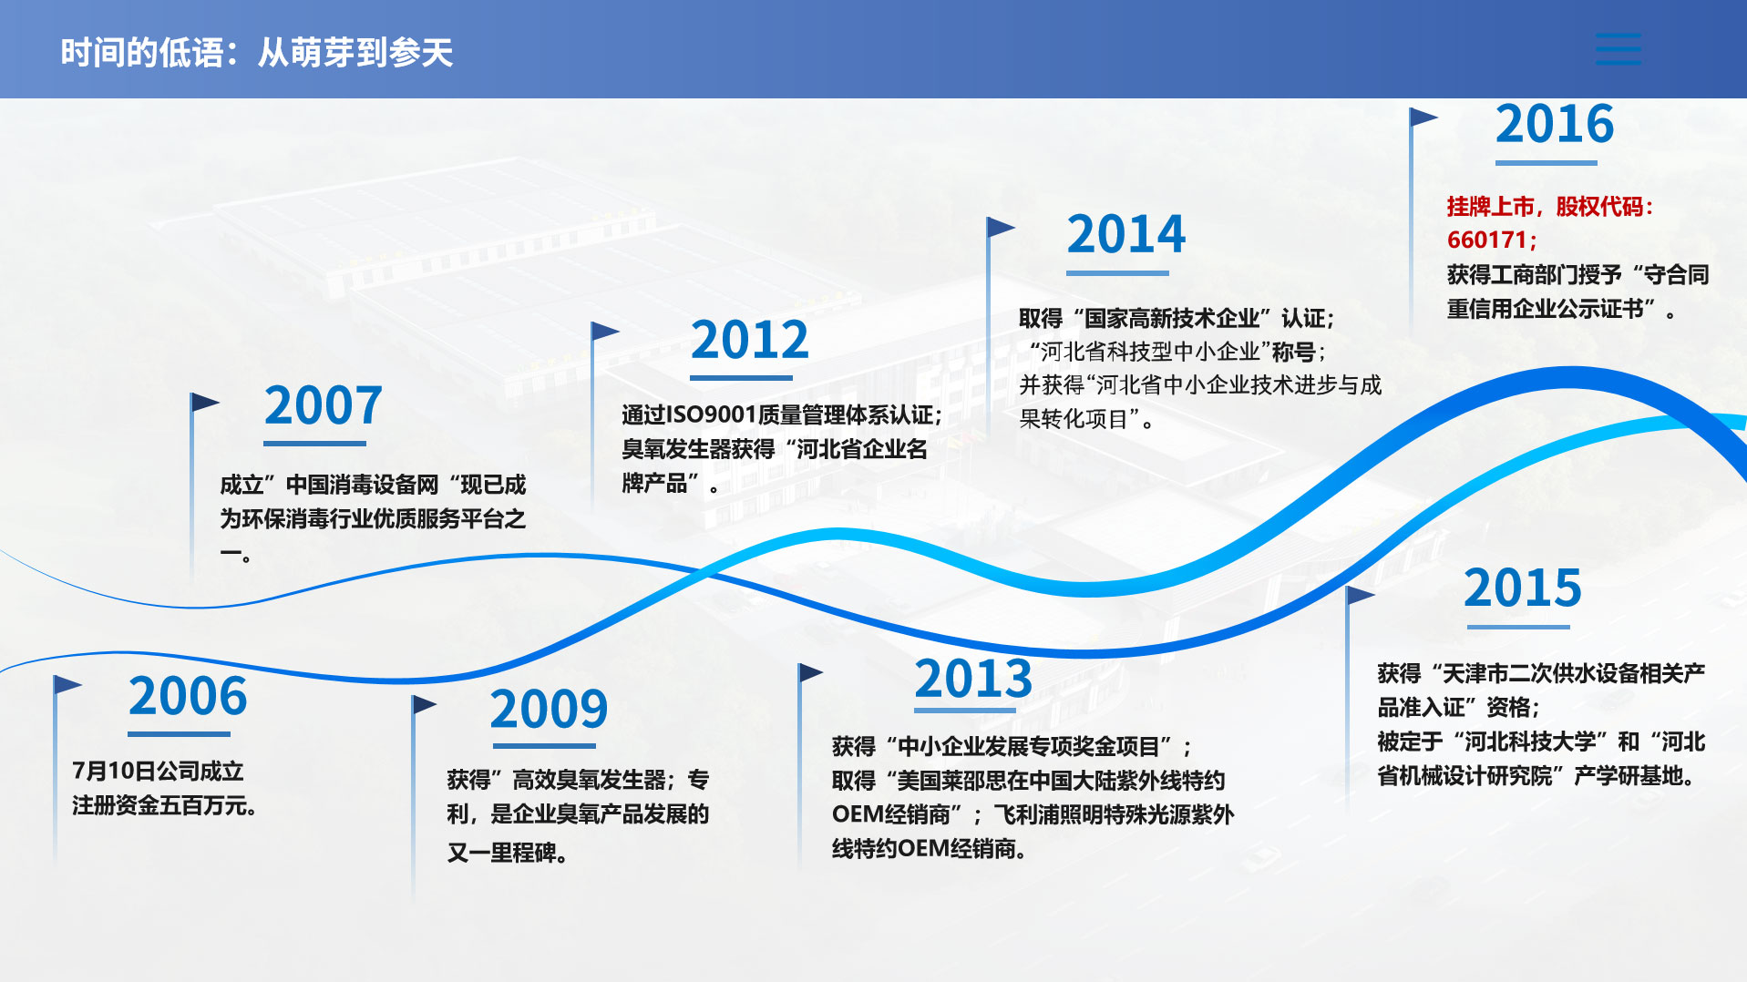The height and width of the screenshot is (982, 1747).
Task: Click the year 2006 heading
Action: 188,697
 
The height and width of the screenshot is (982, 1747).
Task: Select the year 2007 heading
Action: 324,406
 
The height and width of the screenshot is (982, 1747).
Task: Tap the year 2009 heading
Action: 549,710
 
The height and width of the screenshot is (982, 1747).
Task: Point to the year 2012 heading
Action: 750,341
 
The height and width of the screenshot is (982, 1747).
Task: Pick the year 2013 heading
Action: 973,679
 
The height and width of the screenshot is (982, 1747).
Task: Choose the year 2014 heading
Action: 1126,235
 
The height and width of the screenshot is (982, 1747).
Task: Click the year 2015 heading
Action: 1523,588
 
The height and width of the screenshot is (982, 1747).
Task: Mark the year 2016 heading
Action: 1555,125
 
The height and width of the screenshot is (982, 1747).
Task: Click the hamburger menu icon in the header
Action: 1619,49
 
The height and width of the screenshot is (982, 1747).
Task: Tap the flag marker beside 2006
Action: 67,684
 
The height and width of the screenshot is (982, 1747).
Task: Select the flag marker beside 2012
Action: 605,332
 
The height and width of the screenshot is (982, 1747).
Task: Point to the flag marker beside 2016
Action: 1423,118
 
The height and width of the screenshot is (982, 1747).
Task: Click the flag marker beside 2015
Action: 1360,596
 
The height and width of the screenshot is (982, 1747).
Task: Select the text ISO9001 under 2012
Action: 712,415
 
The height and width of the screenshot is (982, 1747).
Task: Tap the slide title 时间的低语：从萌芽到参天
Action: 256,53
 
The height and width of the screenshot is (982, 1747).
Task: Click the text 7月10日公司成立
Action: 158,772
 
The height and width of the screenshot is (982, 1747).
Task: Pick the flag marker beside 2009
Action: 424,705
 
